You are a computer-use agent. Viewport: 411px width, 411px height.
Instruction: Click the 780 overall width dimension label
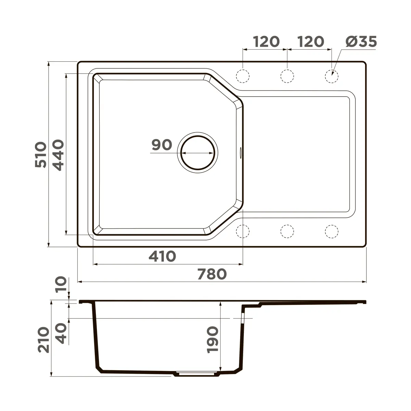click(212, 274)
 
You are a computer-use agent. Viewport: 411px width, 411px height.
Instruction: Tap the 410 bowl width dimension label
click(162, 257)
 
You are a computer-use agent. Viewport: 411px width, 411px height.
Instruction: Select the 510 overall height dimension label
click(40, 154)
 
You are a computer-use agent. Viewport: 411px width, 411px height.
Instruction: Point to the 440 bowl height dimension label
click(58, 155)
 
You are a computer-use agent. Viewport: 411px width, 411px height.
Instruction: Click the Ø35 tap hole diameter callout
click(361, 41)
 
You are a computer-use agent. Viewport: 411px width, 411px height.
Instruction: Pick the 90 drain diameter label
click(162, 145)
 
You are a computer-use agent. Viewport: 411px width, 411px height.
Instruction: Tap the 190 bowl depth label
click(213, 340)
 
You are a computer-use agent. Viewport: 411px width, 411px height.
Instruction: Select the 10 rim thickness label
click(61, 285)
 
